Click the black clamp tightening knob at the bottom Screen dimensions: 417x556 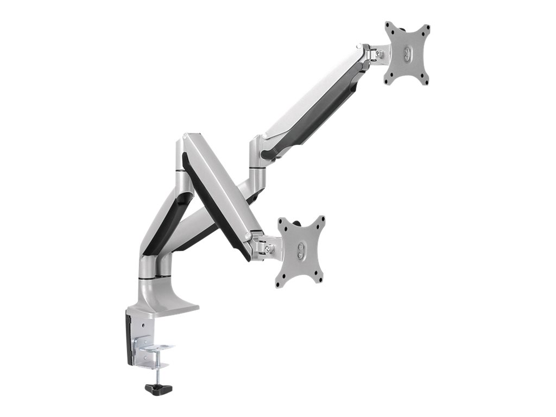point(159,388)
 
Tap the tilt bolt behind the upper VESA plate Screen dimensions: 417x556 point(379,54)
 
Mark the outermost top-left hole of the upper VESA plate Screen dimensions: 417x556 point(388,25)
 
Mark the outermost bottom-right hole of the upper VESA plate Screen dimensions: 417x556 point(426,82)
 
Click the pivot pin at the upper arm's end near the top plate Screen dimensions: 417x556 point(360,49)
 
